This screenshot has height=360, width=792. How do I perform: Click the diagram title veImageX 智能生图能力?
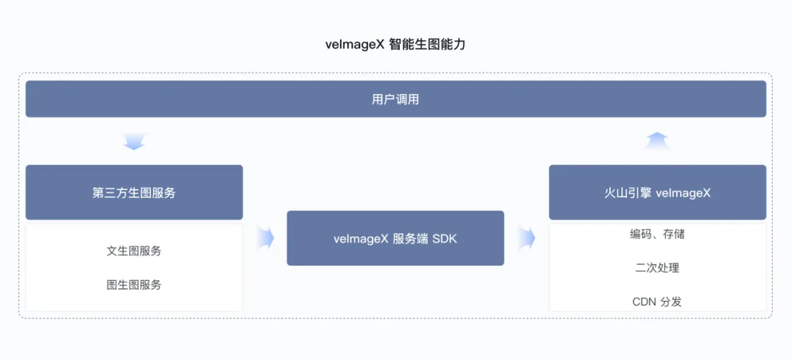395,44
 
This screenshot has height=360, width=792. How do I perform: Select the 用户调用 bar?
395,99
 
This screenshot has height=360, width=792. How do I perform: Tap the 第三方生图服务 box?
134,193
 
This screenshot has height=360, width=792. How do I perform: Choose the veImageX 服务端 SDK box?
395,238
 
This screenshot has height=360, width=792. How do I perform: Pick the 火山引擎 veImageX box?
657,193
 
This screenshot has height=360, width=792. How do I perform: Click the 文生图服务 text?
134,251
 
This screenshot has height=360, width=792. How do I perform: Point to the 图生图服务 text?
134,284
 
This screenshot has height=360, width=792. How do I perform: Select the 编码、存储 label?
657,235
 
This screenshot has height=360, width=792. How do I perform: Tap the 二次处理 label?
657,268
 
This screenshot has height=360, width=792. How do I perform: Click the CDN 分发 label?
657,301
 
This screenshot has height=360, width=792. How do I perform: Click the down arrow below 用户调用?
134,141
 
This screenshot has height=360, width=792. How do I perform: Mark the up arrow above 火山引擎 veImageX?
657,140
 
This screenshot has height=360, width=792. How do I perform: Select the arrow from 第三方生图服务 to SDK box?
265,238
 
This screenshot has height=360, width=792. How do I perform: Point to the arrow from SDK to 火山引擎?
526,238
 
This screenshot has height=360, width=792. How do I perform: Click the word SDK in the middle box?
444,238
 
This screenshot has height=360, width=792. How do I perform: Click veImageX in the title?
356,44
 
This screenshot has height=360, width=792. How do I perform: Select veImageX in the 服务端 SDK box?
360,238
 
